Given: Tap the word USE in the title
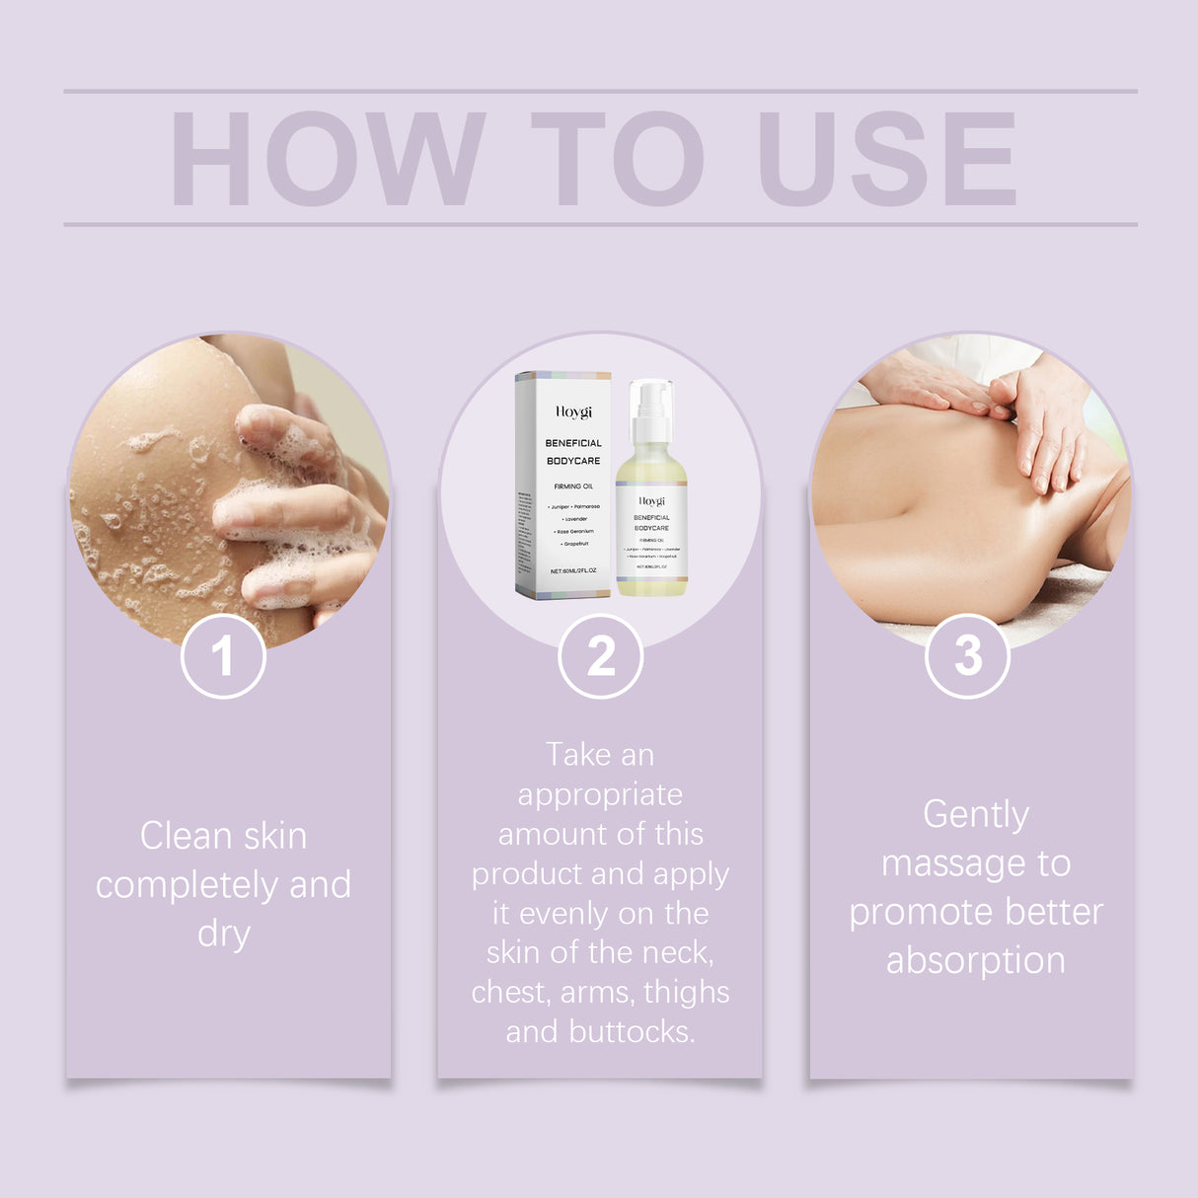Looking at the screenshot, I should point(886,159).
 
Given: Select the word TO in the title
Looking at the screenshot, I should point(617,159).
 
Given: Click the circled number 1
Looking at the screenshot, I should point(223,656).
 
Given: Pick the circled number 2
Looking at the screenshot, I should point(600,656).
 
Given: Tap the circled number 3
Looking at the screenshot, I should point(967,656).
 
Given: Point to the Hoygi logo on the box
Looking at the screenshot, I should point(573,412).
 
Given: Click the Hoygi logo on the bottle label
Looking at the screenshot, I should point(651,501).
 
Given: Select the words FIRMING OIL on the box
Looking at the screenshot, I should point(573,487).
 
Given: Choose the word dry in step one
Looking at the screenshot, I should point(224,934).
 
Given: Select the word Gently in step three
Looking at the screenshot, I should point(976,814).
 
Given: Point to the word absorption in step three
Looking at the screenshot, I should point(976,960).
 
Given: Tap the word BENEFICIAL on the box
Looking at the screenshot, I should point(573,443).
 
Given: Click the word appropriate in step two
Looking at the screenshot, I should point(600,794).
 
